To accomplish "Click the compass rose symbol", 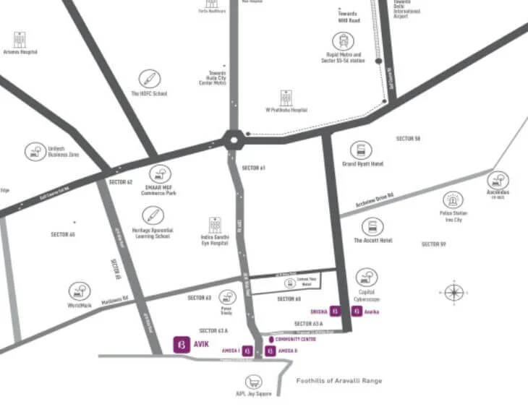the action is coord(454,292).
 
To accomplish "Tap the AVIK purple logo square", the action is coord(181,344).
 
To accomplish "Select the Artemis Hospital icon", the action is coord(20,39).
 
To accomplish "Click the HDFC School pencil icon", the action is coord(150,79).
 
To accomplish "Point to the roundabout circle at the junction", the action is coord(233,139).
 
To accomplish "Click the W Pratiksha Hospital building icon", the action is coord(286,98).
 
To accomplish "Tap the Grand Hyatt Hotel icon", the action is coord(360,150).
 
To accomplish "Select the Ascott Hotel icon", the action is coord(372,227).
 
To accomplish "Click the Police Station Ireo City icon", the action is coord(453,200).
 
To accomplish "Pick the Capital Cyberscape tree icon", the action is coord(366,278).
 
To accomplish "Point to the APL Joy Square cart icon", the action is coord(252,382).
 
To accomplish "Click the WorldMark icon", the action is coord(80,291).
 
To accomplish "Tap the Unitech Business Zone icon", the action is coord(35,151).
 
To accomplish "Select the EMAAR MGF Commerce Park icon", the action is coord(159,174).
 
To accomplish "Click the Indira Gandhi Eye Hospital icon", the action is coord(215,226).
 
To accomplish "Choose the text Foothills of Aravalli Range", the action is coord(338,380).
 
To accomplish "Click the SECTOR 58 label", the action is coord(408,138).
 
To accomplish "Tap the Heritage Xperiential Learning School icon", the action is coord(152,215).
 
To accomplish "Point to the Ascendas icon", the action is coord(498,180).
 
